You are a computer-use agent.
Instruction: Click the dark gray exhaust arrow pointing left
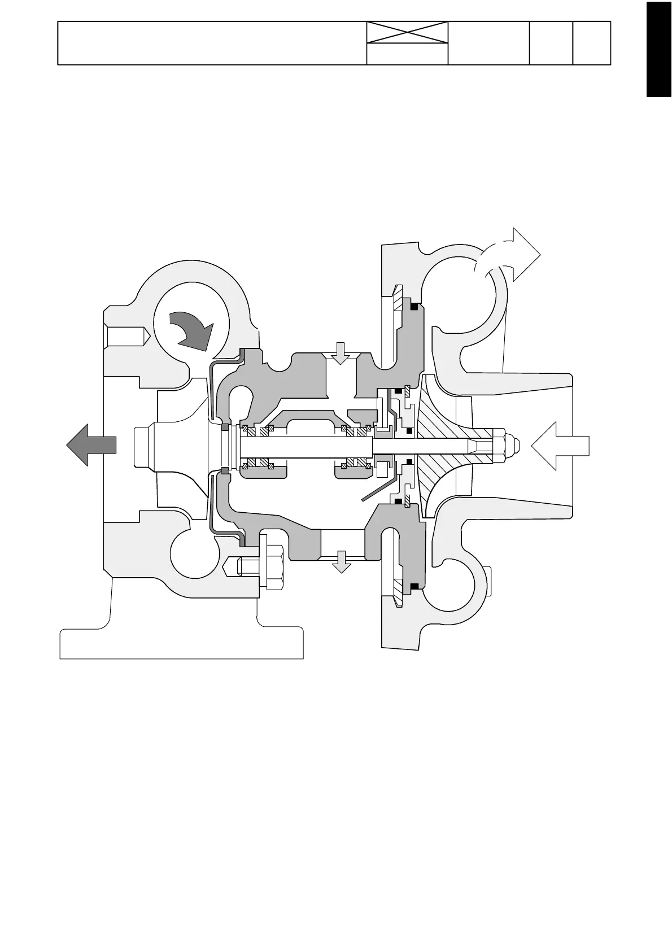click(x=91, y=445)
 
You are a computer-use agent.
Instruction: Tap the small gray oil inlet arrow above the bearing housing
click(x=341, y=353)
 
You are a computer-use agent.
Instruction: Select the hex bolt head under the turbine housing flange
click(x=271, y=568)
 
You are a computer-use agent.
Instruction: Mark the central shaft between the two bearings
click(x=305, y=446)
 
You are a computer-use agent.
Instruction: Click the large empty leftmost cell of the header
click(x=212, y=43)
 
